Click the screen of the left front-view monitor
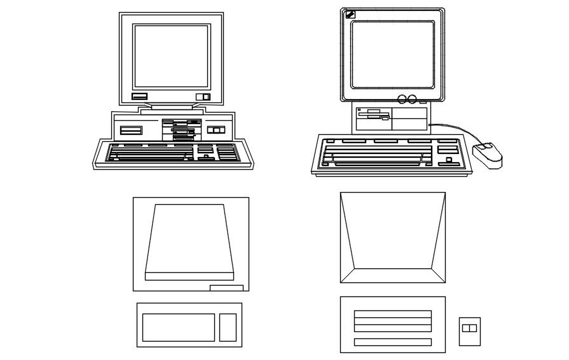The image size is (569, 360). pyautogui.click(x=171, y=57)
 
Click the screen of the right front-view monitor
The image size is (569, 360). pyautogui.click(x=392, y=55)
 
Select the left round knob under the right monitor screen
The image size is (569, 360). pyautogui.click(x=402, y=99)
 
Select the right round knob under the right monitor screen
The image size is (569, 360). pyautogui.click(x=412, y=99)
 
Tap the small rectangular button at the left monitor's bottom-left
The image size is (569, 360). pyautogui.click(x=139, y=96)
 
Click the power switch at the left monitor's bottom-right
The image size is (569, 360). pyautogui.click(x=203, y=97)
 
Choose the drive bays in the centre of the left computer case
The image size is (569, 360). pyautogui.click(x=182, y=129)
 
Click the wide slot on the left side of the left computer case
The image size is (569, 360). pyautogui.click(x=131, y=130)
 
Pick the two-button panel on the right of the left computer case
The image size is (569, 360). pyautogui.click(x=216, y=130)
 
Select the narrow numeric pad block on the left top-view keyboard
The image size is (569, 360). pyautogui.click(x=228, y=327)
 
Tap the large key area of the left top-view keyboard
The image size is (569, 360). pyautogui.click(x=178, y=327)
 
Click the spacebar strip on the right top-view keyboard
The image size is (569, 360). pyautogui.click(x=392, y=342)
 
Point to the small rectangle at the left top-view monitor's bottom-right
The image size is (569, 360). pyautogui.click(x=226, y=288)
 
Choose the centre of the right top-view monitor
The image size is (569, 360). pyautogui.click(x=392, y=237)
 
